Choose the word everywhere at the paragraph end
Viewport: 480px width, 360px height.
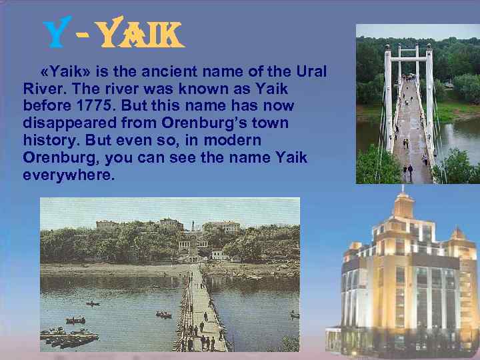click(x=69, y=175)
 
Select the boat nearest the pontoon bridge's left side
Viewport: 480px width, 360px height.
click(x=163, y=314)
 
